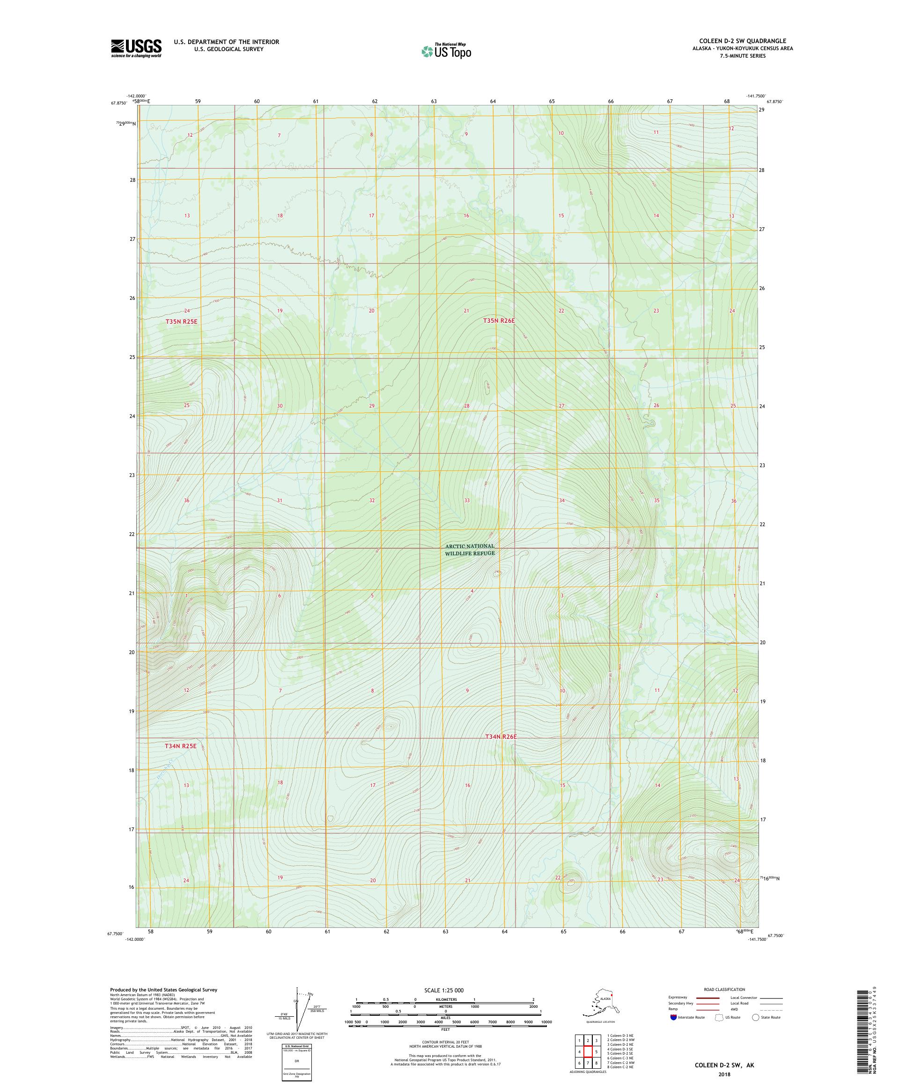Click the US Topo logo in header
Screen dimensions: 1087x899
(x=446, y=51)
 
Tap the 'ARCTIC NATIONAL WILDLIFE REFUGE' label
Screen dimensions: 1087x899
(x=470, y=549)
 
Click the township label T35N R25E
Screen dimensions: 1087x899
(x=182, y=321)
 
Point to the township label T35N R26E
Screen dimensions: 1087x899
(x=499, y=320)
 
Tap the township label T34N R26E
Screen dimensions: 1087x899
(x=501, y=737)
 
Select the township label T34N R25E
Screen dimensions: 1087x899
(x=181, y=746)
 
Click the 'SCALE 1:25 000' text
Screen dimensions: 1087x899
(x=444, y=990)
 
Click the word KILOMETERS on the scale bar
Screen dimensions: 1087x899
(x=445, y=999)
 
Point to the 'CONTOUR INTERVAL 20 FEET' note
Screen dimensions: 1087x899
(x=445, y=1042)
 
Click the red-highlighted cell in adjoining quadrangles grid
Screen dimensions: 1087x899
(x=588, y=1051)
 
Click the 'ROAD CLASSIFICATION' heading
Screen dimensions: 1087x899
(x=724, y=989)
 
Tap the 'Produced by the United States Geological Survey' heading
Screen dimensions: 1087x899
(x=163, y=990)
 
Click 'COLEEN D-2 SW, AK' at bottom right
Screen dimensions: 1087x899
(x=724, y=1065)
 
